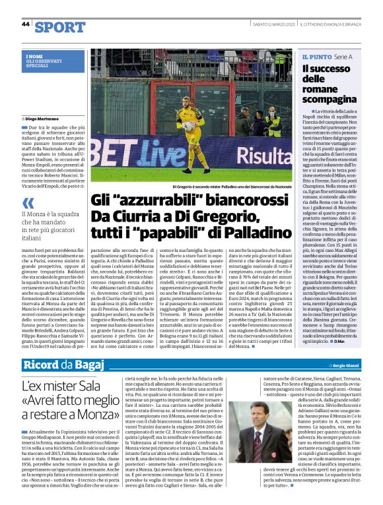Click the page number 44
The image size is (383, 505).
pos(26,24)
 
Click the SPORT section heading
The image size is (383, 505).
pos(60,26)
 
